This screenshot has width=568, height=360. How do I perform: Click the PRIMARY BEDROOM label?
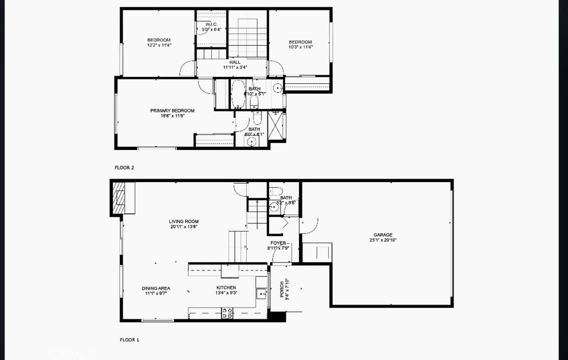[172, 111]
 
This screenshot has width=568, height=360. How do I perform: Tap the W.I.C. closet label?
[211, 25]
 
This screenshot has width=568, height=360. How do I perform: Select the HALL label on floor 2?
[235, 62]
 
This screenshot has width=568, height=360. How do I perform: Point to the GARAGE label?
[383, 235]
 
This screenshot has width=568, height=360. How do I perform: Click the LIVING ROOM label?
[184, 222]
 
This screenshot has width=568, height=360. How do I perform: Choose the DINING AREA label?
[156, 288]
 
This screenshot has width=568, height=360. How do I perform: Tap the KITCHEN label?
[226, 288]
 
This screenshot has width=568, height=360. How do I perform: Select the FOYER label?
[279, 243]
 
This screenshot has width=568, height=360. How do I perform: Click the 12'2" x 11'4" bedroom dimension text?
[159, 45]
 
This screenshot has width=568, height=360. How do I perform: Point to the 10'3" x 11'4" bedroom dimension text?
[300, 48]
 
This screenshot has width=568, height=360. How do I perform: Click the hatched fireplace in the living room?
[119, 198]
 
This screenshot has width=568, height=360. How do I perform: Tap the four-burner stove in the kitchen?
[227, 313]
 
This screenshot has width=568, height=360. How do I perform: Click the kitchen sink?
[261, 293]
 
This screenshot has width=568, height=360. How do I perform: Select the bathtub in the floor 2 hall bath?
[238, 94]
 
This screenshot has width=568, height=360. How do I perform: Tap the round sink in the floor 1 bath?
[274, 207]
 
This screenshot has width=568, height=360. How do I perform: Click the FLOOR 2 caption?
[124, 167]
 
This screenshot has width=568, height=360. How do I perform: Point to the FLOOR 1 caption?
[129, 340]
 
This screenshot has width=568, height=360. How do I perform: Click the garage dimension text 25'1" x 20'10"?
[383, 240]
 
